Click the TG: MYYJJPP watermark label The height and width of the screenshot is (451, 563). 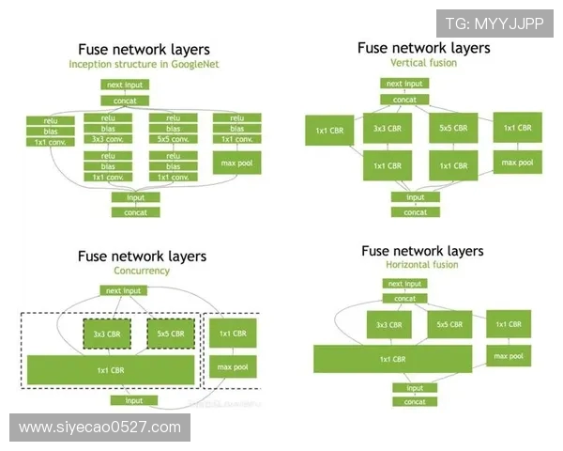coord(495,23)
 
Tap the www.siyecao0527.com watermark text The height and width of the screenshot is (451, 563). coord(99,428)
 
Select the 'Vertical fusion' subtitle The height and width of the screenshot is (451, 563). coord(423,62)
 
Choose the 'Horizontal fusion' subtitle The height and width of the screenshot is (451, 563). coord(422,265)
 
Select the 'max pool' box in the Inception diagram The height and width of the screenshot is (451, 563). coord(236,165)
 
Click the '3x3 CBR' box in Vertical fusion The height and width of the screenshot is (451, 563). coord(388,128)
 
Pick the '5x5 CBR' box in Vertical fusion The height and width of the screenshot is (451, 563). coord(453,128)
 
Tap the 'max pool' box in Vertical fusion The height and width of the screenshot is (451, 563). coord(517,163)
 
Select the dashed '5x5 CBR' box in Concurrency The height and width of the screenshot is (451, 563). coord(171,334)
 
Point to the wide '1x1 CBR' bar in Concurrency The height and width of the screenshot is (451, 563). coord(111,370)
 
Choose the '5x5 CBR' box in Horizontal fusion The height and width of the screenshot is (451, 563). coord(449,325)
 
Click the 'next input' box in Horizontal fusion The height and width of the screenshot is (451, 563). coord(406,283)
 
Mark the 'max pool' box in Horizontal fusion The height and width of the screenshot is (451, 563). coord(508,356)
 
